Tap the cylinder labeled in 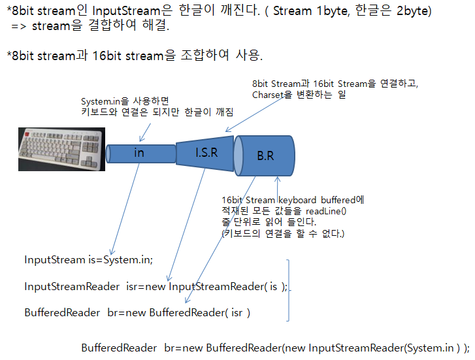coord(139,154)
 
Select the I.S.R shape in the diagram coord(206,154)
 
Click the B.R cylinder coord(265,156)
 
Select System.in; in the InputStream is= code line coord(128,259)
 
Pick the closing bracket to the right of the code coord(289,290)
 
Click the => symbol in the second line coord(18,27)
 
